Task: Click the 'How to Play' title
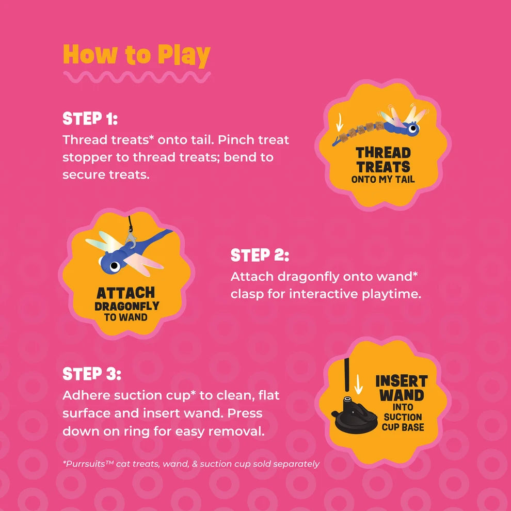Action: pyautogui.click(x=137, y=55)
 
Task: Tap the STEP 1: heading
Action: pyautogui.click(x=90, y=119)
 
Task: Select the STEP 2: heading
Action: pyautogui.click(x=260, y=255)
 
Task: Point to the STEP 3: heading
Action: pyautogui.click(x=91, y=374)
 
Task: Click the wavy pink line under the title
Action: pyautogui.click(x=137, y=77)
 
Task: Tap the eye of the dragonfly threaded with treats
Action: pyautogui.click(x=413, y=128)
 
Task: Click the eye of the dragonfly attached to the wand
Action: pyautogui.click(x=115, y=266)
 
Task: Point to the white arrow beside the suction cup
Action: pyautogui.click(x=359, y=384)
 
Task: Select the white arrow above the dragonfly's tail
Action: pyautogui.click(x=340, y=122)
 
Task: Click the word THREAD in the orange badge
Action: pyautogui.click(x=383, y=153)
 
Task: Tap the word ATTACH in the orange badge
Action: pyautogui.click(x=126, y=293)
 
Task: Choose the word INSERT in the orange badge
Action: pyautogui.click(x=402, y=381)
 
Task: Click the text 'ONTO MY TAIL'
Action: pyautogui.click(x=383, y=179)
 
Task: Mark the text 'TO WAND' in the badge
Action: pyautogui.click(x=126, y=317)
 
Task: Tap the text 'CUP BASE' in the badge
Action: pyautogui.click(x=403, y=427)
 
